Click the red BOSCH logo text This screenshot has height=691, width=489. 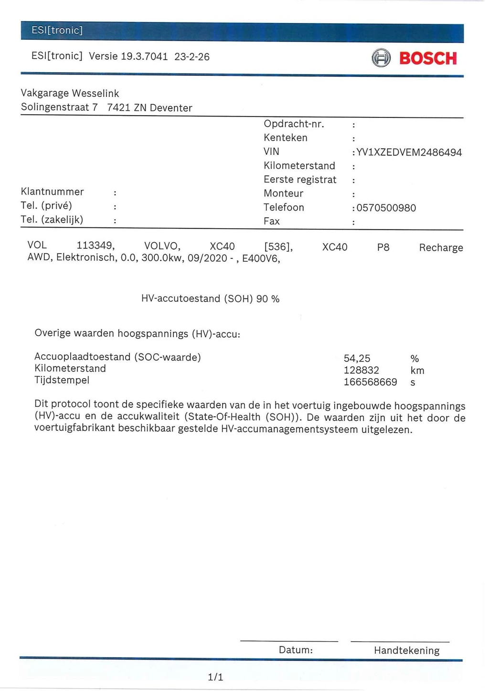[x=428, y=58]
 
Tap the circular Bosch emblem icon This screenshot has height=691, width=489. [x=381, y=58]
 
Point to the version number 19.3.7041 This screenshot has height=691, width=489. [x=144, y=56]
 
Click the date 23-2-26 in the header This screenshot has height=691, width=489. [x=192, y=57]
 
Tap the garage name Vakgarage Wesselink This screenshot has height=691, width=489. [x=70, y=93]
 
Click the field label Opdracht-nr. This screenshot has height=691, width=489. [x=294, y=124]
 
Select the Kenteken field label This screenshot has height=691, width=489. [x=286, y=138]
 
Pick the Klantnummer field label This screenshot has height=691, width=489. [x=53, y=192]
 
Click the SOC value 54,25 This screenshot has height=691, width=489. [x=357, y=358]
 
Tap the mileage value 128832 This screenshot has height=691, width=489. [x=361, y=370]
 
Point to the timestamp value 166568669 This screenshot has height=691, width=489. [x=371, y=382]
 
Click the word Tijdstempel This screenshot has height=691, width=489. [x=62, y=380]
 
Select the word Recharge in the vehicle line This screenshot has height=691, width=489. [x=441, y=247]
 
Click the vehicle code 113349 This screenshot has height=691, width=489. [x=96, y=245]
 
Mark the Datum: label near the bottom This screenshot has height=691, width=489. [x=296, y=650]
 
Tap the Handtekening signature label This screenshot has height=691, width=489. [x=406, y=650]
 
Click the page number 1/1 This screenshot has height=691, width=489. [x=215, y=677]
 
